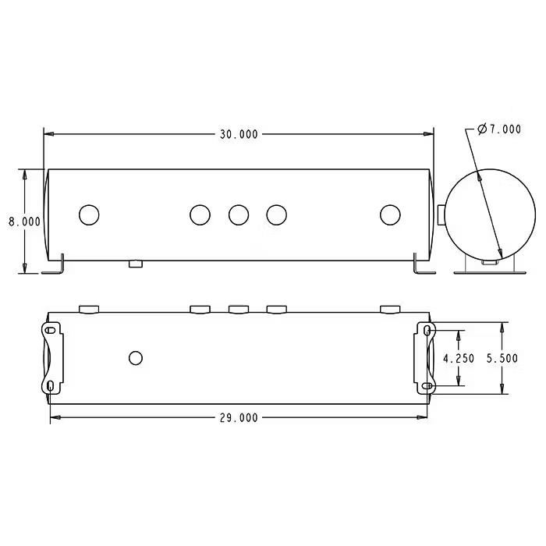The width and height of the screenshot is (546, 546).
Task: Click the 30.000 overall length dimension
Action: click(x=238, y=134)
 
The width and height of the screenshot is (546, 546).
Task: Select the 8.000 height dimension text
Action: click(x=24, y=222)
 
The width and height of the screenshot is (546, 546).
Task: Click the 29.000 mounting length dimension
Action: click(x=238, y=417)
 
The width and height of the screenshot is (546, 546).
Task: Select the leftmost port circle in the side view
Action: click(x=90, y=214)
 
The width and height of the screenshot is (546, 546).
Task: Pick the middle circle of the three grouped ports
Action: click(x=239, y=214)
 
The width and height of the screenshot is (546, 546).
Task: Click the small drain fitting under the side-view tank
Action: click(x=136, y=264)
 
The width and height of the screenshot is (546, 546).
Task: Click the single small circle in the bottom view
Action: click(x=136, y=358)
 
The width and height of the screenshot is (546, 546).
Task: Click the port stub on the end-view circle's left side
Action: click(x=442, y=214)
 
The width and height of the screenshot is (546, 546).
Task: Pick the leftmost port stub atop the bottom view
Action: click(x=90, y=310)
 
